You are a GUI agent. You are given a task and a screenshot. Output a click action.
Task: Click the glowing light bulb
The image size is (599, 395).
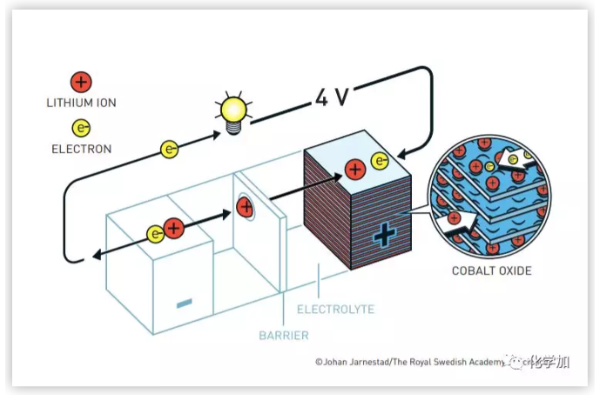point(232,110)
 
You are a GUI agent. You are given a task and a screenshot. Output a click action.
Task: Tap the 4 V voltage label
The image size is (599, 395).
point(332,96)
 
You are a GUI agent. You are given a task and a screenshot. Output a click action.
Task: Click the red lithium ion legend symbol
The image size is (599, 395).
point(81,83)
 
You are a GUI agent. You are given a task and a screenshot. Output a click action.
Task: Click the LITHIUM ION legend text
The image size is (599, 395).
point(81,103)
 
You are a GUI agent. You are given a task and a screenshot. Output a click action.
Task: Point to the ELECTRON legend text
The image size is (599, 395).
point(81,149)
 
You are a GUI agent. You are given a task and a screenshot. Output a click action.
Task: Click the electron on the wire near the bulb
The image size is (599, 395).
point(170,149)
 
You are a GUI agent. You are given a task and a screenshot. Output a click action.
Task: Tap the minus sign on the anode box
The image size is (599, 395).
point(184,303)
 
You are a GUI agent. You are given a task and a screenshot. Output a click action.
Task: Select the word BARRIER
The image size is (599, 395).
point(284,334)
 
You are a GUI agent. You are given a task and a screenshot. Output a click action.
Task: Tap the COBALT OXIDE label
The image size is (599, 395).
point(491,271)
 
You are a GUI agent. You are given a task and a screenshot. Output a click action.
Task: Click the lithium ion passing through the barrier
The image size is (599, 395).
point(245,207)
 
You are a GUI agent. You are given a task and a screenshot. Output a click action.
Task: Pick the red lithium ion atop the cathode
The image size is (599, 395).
point(355,170)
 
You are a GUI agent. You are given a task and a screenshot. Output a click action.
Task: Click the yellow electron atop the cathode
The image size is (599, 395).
point(380,160)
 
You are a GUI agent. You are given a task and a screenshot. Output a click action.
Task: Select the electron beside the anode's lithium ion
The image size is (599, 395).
point(155,233)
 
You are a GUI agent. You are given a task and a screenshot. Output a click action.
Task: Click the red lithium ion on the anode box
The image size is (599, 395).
point(173,230)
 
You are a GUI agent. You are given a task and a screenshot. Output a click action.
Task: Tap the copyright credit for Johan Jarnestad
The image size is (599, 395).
point(409,362)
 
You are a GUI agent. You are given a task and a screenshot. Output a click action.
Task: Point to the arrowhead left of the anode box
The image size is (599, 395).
point(93,257)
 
